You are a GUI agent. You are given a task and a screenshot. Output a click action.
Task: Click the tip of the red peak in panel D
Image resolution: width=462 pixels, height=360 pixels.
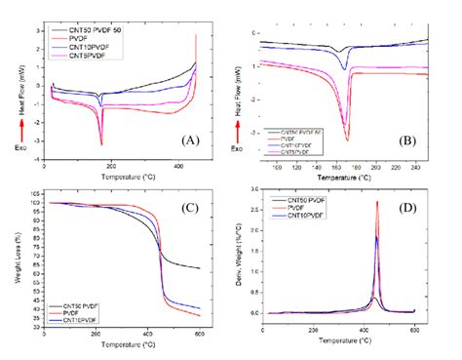[377, 202]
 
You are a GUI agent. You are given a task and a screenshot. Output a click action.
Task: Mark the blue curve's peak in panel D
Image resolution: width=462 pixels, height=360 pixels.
[377, 236]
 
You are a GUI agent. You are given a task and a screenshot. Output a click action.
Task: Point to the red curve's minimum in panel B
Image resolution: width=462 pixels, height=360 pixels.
[346, 140]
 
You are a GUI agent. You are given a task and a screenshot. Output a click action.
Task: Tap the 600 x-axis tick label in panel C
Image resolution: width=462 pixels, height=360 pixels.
[198, 337]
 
